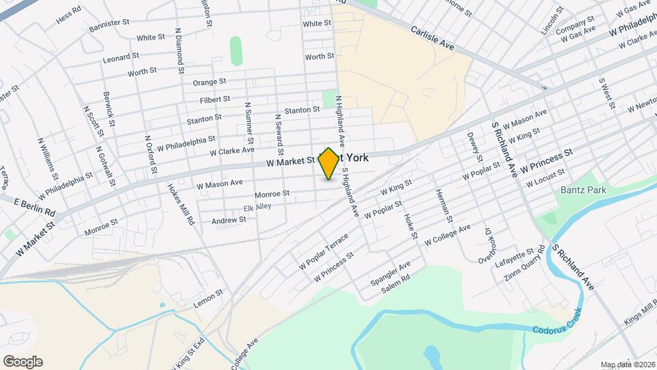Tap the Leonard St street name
tap(121, 57)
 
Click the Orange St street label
tap(209, 82)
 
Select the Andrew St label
tap(229, 220)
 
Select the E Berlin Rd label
tap(34, 203)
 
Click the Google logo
tap(23, 362)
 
